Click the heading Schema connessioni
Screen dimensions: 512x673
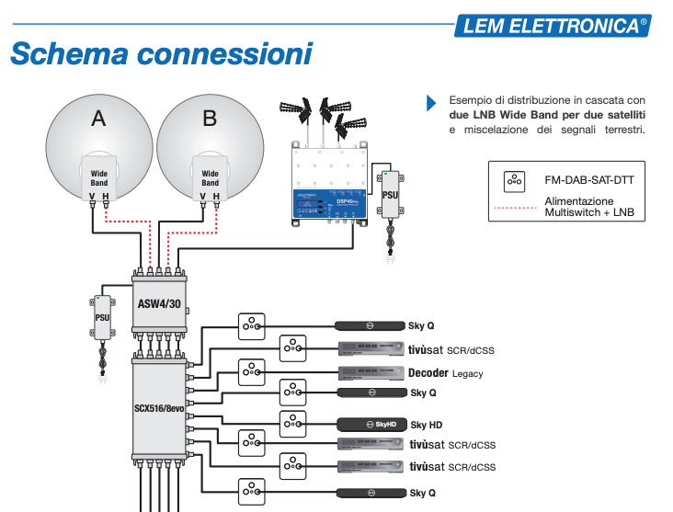(x=161, y=54)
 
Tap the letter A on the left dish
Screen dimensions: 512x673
(x=98, y=118)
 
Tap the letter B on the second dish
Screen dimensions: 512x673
(x=210, y=118)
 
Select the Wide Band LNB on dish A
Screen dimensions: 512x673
(x=99, y=176)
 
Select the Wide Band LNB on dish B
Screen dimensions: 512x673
(x=211, y=176)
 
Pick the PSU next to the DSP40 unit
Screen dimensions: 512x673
(x=389, y=195)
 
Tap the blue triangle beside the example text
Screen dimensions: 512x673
(x=431, y=104)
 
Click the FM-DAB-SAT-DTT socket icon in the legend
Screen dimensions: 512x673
(x=515, y=180)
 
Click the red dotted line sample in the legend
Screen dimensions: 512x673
(x=515, y=208)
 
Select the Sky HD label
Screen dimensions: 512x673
(x=426, y=425)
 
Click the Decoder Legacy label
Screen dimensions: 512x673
(x=445, y=373)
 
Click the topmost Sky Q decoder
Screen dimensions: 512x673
(x=369, y=325)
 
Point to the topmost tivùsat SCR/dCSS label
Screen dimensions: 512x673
(x=451, y=349)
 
